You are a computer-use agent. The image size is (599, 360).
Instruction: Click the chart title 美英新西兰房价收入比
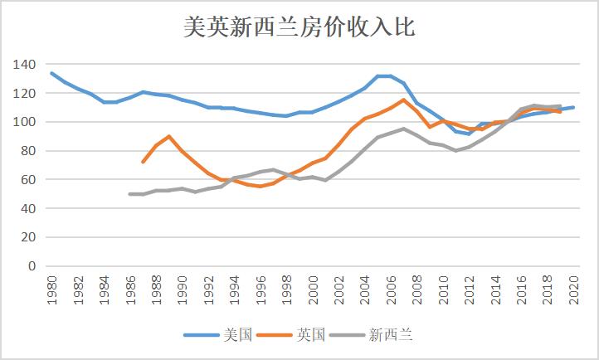[x=299, y=27]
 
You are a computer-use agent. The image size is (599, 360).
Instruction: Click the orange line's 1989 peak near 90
[x=169, y=136]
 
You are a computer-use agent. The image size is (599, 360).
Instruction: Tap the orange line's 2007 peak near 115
[x=404, y=100]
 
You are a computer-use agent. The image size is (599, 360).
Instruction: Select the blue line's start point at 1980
[x=51, y=73]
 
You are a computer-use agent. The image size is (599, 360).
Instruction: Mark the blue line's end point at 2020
[x=574, y=107]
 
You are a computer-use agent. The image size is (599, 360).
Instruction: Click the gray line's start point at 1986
[x=130, y=194]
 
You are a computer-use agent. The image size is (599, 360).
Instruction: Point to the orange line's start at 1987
[x=143, y=162]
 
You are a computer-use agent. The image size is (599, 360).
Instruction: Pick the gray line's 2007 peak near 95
[x=404, y=129]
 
